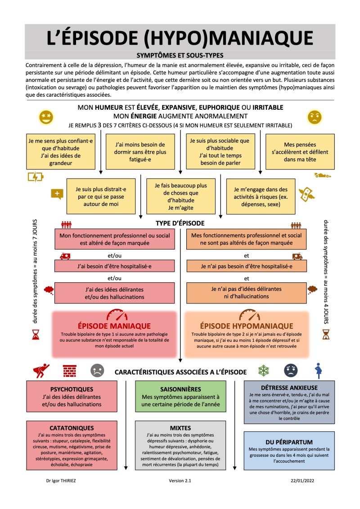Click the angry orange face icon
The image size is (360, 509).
pyautogui.click(x=315, y=117)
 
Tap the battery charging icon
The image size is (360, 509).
pyautogui.click(x=36, y=177)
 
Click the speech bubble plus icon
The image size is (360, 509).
pyautogui.click(x=57, y=194)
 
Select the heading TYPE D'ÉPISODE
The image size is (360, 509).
pyautogui.click(x=180, y=223)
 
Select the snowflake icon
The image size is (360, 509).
pyautogui.click(x=263, y=371)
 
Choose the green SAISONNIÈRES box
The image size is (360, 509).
pyautogui.click(x=180, y=396)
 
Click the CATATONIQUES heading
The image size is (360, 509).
pyautogui.click(x=72, y=428)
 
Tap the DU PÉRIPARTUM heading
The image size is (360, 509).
pyautogui.click(x=289, y=442)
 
